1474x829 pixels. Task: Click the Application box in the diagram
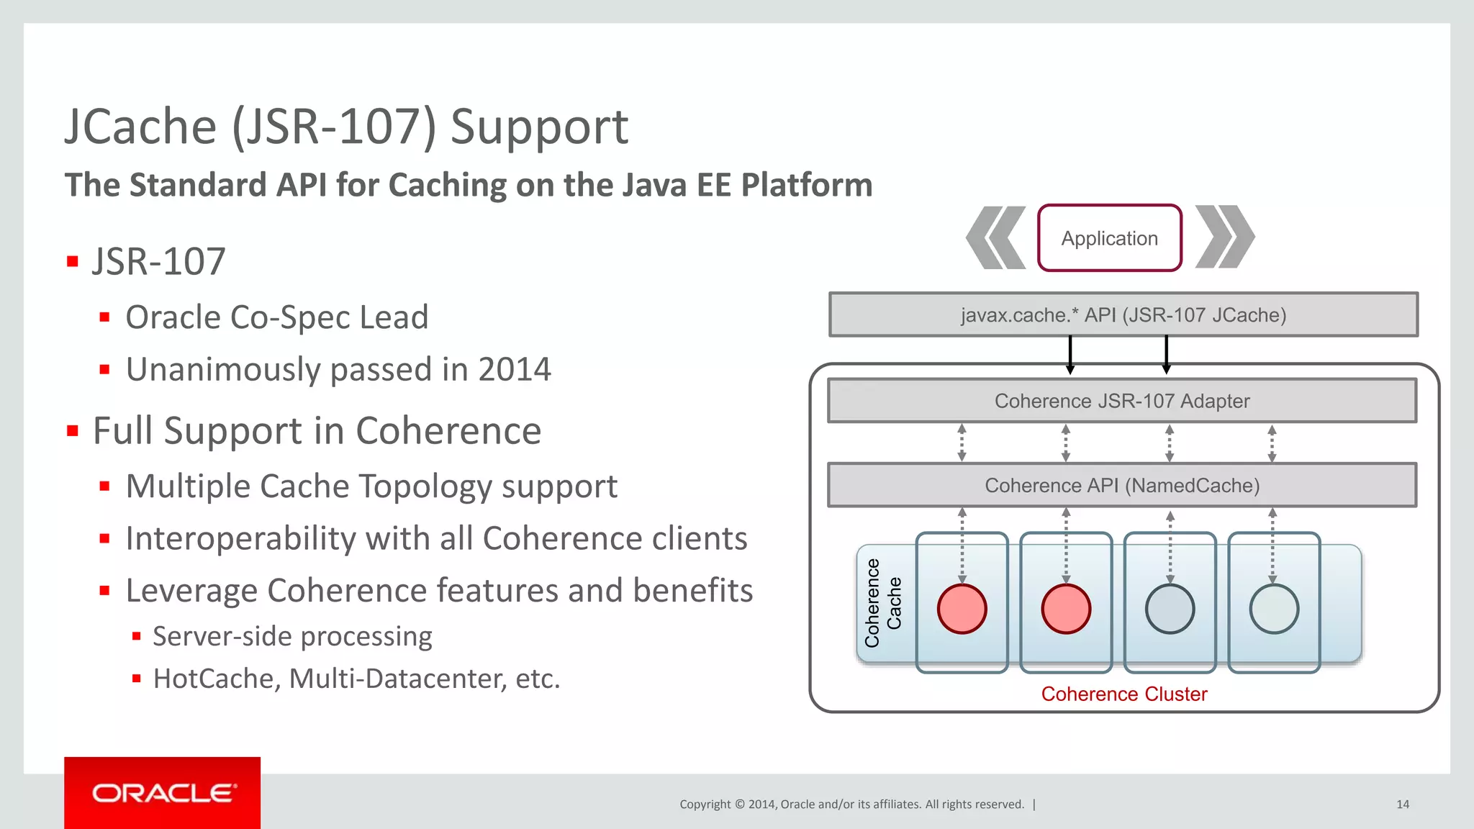1109,238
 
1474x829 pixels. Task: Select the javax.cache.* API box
1123,315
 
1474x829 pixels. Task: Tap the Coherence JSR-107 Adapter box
1121,401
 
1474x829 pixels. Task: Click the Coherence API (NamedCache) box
1121,486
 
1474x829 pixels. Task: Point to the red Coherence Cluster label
1123,694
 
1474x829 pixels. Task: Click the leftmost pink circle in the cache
962,609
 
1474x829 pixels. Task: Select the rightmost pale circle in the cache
1273,609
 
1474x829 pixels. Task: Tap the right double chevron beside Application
1224,237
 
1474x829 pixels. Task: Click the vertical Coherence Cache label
882,603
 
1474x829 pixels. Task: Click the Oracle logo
163,793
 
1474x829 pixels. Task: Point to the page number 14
1402,805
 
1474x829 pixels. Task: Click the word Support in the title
539,127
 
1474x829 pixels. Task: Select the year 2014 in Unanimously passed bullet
514,370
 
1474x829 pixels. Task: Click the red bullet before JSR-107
72,261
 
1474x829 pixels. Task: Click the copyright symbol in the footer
739,805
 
